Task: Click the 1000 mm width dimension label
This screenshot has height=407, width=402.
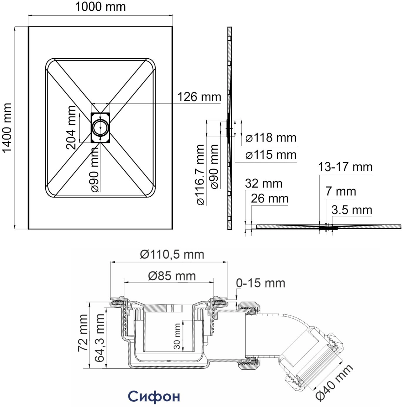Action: click(x=100, y=7)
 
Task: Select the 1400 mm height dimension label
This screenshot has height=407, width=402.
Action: click(x=7, y=128)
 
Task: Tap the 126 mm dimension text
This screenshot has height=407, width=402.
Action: click(x=199, y=97)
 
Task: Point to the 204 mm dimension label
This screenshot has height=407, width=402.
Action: click(x=71, y=128)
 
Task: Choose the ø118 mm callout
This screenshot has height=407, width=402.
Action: click(x=271, y=138)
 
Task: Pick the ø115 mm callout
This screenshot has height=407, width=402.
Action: click(x=271, y=155)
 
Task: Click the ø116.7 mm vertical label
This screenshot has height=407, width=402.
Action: click(x=201, y=175)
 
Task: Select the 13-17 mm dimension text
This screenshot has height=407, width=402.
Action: click(x=345, y=167)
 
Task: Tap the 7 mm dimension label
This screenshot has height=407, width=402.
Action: click(x=341, y=191)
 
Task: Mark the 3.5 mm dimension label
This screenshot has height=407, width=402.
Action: click(x=352, y=210)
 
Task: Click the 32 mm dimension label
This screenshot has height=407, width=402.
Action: click(x=263, y=183)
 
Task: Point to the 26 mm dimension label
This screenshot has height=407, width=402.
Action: click(x=269, y=198)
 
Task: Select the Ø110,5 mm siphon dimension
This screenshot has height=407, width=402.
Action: click(x=172, y=254)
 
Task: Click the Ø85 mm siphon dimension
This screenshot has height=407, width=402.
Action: click(x=172, y=276)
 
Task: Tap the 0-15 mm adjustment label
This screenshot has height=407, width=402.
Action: click(x=261, y=283)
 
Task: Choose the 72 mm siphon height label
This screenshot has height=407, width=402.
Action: click(x=83, y=333)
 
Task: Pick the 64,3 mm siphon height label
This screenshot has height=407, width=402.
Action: click(x=99, y=338)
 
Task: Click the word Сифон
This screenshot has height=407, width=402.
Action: click(x=154, y=396)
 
